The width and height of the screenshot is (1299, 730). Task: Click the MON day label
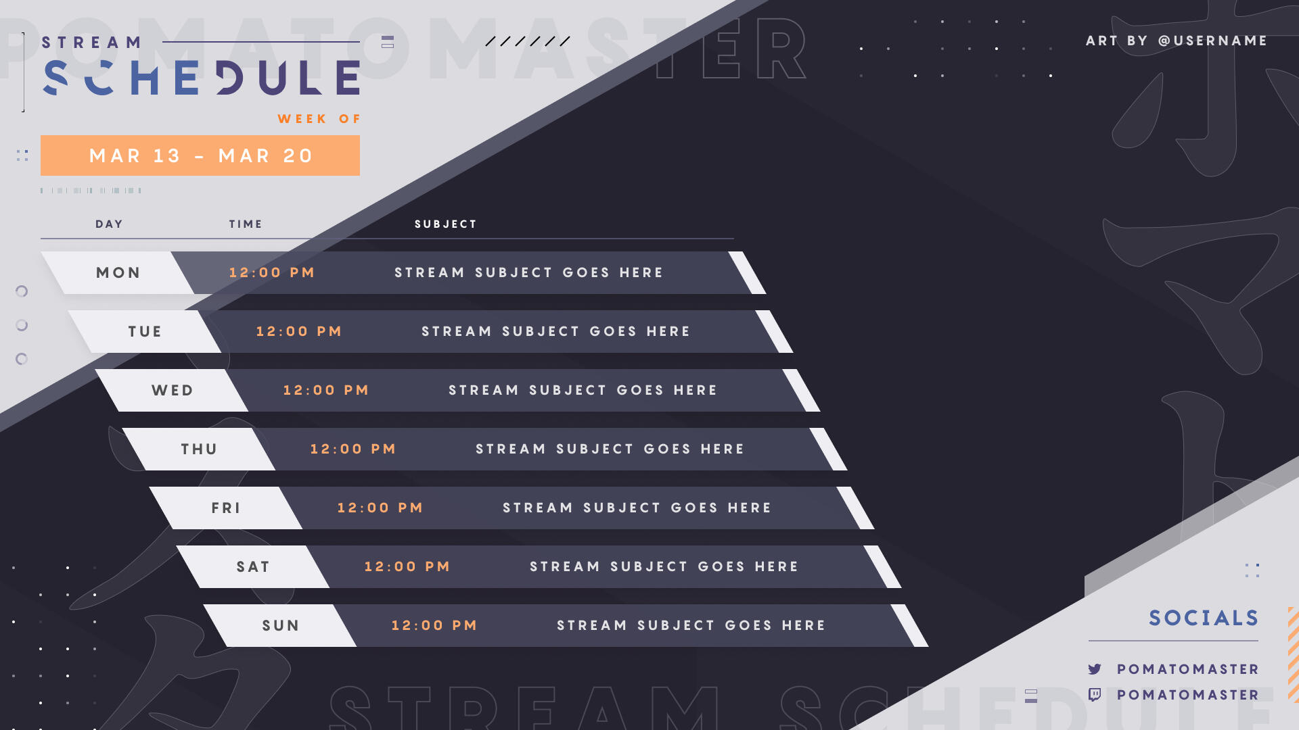pyautogui.click(x=118, y=273)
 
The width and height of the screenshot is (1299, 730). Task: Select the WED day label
pyautogui.click(x=173, y=391)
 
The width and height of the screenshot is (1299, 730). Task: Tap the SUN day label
pyautogui.click(x=281, y=626)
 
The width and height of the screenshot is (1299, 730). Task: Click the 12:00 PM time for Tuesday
pyautogui.click(x=299, y=332)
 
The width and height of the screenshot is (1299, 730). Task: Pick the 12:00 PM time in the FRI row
pyautogui.click(x=380, y=508)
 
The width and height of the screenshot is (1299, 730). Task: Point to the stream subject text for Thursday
pyautogui.click(x=610, y=449)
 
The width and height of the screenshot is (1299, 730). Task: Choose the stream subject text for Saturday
pyautogui.click(x=664, y=567)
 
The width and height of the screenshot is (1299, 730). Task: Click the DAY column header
pyautogui.click(x=109, y=224)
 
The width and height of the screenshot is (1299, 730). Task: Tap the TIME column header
pyautogui.click(x=246, y=224)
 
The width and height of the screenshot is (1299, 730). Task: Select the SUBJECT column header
pyautogui.click(x=446, y=224)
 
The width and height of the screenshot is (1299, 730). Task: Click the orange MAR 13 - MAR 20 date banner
pyautogui.click(x=200, y=155)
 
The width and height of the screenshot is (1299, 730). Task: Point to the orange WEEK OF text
pyautogui.click(x=319, y=119)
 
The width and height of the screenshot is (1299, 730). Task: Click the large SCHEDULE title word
pyautogui.click(x=202, y=78)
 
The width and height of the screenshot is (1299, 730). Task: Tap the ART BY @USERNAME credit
pyautogui.click(x=1177, y=41)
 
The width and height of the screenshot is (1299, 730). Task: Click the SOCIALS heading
pyautogui.click(x=1204, y=618)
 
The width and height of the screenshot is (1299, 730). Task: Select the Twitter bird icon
pyautogui.click(x=1095, y=669)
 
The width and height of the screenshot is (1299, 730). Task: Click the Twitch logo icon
pyautogui.click(x=1095, y=695)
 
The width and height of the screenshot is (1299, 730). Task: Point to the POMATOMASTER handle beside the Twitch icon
pyautogui.click(x=1188, y=695)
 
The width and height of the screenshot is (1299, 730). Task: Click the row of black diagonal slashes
pyautogui.click(x=528, y=41)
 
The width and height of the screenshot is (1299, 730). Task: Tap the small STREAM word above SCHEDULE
pyautogui.click(x=92, y=43)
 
